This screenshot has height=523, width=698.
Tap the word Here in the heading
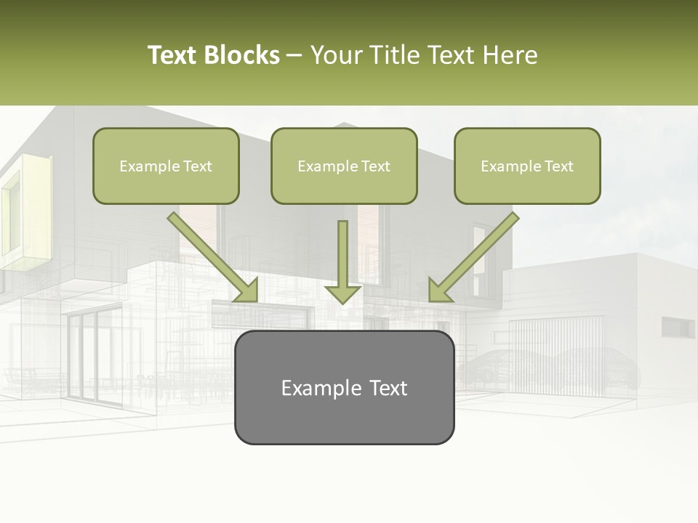click(509, 55)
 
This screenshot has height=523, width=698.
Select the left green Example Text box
click(166, 166)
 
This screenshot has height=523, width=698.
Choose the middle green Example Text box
click(344, 166)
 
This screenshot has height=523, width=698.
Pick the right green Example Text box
click(527, 166)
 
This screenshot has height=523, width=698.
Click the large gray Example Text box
click(344, 387)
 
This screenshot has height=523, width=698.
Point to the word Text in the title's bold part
click(172, 55)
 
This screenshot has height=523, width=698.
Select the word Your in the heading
click(334, 55)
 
